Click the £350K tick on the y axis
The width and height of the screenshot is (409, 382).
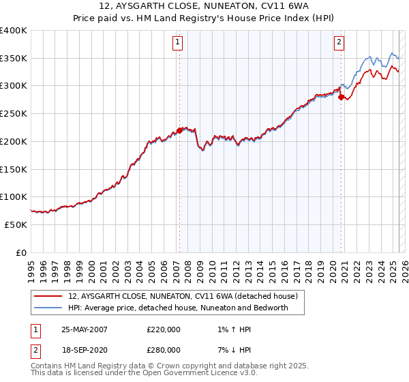point(14,59)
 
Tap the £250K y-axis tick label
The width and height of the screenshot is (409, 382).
point(14,114)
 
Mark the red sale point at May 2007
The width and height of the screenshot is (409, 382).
point(179,130)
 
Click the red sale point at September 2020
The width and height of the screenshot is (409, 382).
point(340,97)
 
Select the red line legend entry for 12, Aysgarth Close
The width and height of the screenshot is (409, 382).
point(183,297)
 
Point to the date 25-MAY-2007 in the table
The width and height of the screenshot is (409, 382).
point(85,329)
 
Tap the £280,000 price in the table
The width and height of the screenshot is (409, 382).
point(164,350)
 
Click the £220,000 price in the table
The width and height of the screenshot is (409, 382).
point(164,329)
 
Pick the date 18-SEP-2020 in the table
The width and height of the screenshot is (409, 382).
point(84,350)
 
